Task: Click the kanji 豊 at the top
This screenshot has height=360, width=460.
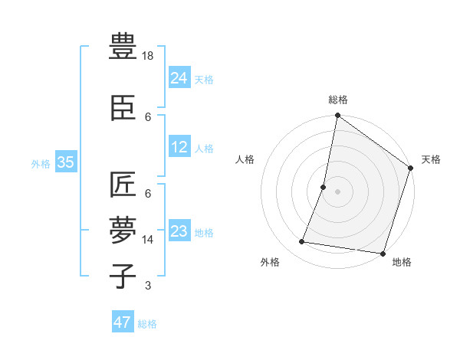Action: coord(123,47)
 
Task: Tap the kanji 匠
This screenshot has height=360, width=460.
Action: coord(123,185)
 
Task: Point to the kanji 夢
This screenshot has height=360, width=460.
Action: coord(123,229)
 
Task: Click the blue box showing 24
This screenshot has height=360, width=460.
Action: coord(179,77)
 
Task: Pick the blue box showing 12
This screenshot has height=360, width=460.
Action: coord(179,147)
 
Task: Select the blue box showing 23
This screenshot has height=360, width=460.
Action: coord(179,231)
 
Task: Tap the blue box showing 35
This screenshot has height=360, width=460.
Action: coord(66,162)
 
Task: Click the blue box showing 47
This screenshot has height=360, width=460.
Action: coord(123,322)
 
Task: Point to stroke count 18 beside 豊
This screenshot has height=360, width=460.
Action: coord(148,56)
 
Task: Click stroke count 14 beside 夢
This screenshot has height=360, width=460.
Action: coord(148,239)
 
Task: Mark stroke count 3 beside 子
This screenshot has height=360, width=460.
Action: coord(148,286)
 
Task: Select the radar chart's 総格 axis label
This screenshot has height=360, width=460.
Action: coord(337,100)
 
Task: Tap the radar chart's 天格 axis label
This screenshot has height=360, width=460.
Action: coord(431,159)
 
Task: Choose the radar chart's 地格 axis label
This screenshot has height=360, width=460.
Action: coord(402,262)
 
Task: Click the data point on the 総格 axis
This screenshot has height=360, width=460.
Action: coord(337,116)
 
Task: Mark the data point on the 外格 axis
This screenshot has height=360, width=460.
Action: coord(302,242)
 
